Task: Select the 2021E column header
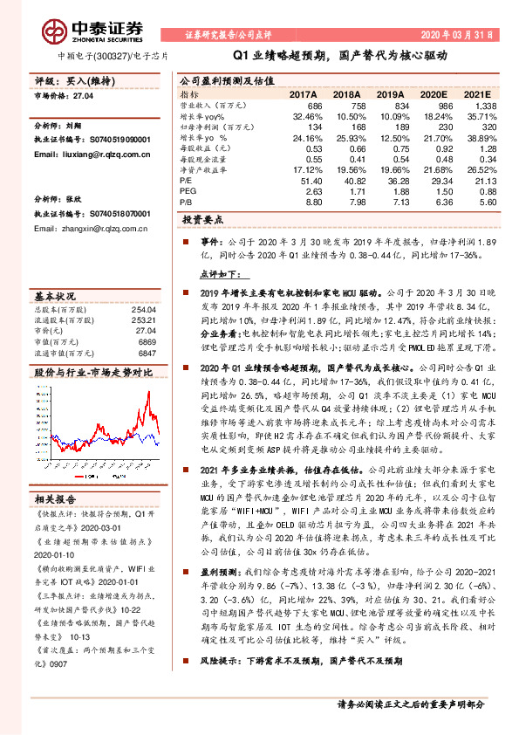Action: click(x=479, y=93)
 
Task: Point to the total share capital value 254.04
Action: click(x=145, y=309)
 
